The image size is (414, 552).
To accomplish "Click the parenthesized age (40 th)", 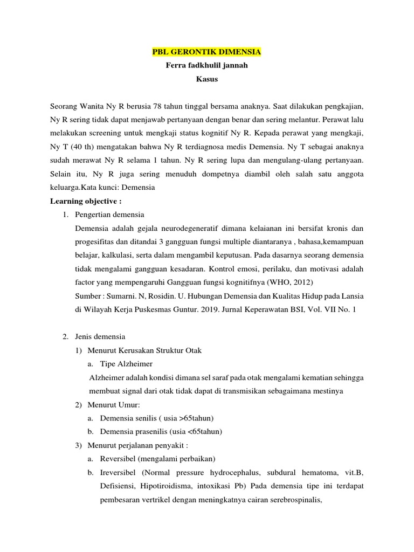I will pyautogui.click(x=79, y=147).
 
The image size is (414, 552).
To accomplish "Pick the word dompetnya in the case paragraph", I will pyautogui.click(x=208, y=174).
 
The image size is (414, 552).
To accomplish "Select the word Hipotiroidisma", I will pyautogui.click(x=167, y=486).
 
